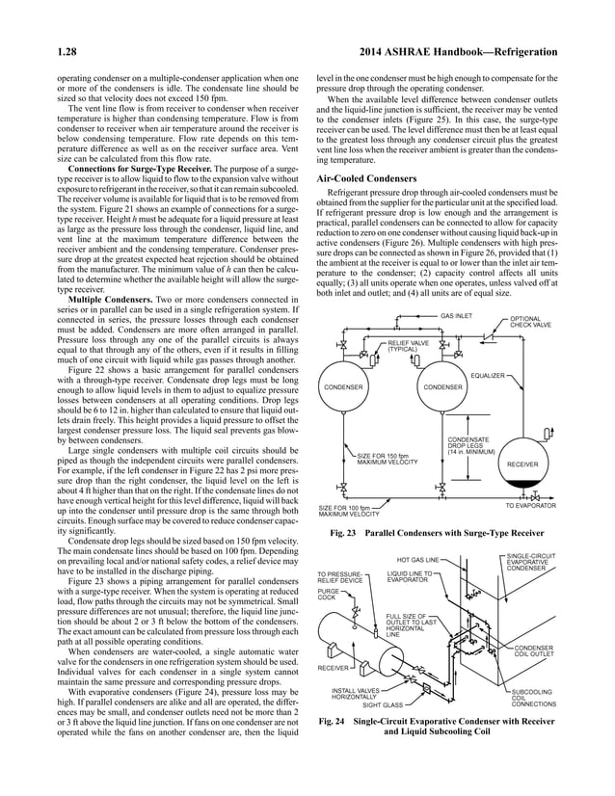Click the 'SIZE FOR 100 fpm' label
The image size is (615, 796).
(352, 510)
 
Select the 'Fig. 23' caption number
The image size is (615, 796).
(343, 533)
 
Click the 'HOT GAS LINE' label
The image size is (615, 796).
(417, 560)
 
